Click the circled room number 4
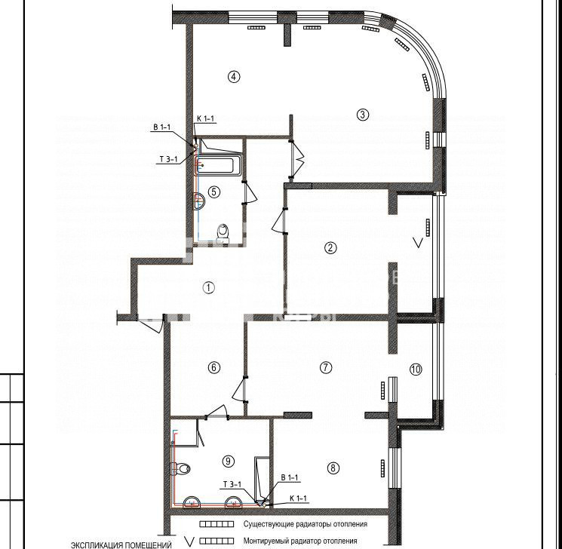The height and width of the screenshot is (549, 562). point(234,76)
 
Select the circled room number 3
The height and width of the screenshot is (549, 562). point(363,115)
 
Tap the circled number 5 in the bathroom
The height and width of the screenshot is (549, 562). point(214,192)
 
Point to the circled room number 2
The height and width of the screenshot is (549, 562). point(330,247)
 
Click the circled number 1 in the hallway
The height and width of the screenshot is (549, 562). point(209,287)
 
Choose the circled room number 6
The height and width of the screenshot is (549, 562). point(214,367)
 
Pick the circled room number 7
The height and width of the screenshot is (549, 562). point(325,367)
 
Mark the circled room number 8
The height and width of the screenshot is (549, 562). point(333,468)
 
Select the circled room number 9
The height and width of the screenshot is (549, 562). point(229,461)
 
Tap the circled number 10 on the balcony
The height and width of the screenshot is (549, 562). point(416,369)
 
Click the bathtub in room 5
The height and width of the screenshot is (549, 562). point(217,166)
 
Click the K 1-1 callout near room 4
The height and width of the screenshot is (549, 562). point(205,118)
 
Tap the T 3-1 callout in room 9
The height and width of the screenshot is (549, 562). point(232,485)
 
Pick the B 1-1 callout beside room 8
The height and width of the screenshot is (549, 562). point(289,477)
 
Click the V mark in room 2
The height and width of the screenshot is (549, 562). point(418,244)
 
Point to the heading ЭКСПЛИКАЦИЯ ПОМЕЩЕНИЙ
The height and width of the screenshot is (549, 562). point(121,545)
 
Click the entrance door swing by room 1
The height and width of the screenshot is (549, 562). point(151,324)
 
